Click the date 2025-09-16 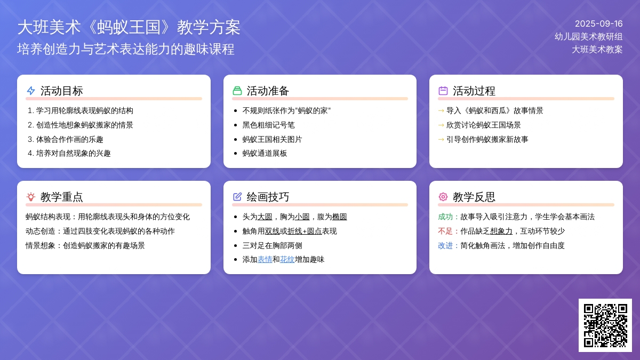[598, 23]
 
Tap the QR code [605, 325]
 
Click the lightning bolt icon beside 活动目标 [31, 91]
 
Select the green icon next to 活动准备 [237, 91]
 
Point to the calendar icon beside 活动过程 [443, 91]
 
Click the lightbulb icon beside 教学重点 [31, 197]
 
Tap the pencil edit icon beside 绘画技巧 [237, 197]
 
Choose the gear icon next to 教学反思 [443, 197]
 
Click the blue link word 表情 [265, 259]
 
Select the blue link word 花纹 [287, 259]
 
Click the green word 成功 [445, 217]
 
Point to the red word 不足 [445, 231]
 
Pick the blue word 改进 [445, 246]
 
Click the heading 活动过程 [474, 91]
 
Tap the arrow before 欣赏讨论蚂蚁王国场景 [441, 125]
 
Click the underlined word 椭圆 [339, 217]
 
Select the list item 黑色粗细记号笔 [268, 125]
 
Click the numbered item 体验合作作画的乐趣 [66, 139]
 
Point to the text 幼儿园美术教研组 [589, 37]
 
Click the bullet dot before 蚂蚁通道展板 [235, 154]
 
